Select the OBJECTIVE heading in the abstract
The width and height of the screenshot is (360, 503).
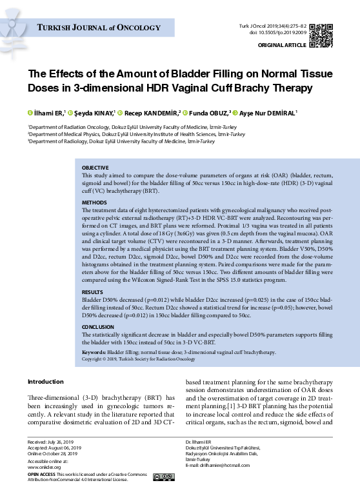pyautogui.click(x=95, y=168)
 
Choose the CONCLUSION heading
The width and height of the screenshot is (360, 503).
pyautogui.click(x=98, y=327)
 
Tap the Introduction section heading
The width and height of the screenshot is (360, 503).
pyautogui.click(x=46, y=382)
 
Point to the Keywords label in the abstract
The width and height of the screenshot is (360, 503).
pyautogui.click(x=94, y=353)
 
